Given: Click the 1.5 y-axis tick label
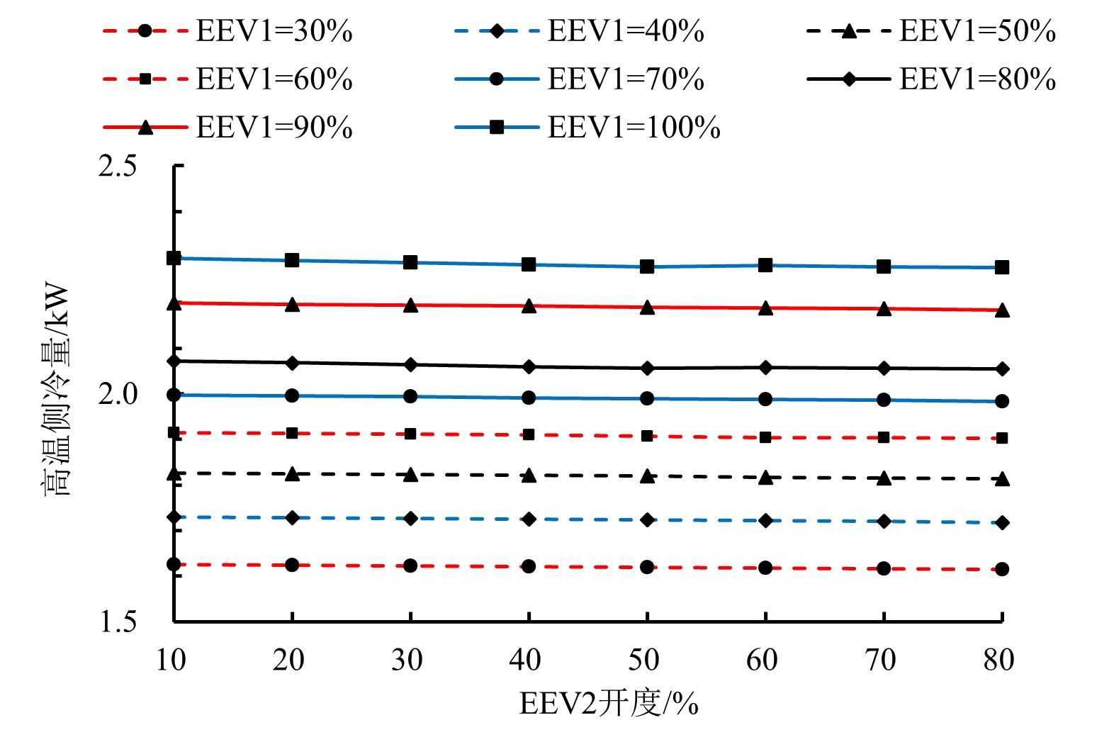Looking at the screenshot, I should pos(118,621).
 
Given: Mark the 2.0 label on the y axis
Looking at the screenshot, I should pos(118,394).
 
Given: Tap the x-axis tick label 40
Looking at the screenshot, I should pos(525,660).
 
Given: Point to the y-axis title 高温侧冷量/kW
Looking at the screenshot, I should pos(57,390).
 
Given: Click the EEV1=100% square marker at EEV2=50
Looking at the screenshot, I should pos(647,267).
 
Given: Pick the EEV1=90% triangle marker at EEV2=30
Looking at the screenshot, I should pos(410,305).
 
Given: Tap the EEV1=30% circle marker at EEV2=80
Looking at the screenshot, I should pos(1002,569).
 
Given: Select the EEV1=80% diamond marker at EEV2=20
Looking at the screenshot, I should pos(292,363).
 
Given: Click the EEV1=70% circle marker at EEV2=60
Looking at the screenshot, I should pos(765,400).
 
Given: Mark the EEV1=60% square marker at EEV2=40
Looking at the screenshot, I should pos(529,434).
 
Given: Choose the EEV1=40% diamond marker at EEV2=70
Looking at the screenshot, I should pos(884,522).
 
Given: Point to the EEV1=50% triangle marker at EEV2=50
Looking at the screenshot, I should pos(647,477).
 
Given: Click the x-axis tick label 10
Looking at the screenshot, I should pos(170,660).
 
